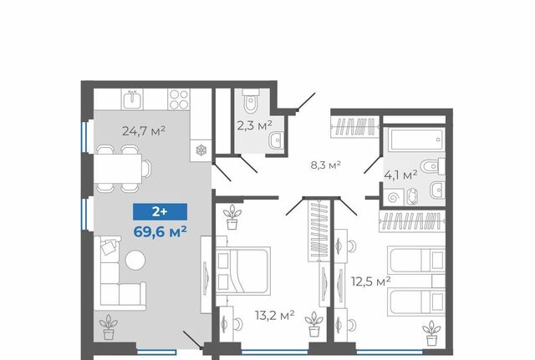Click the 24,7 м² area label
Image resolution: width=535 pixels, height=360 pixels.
[144, 130]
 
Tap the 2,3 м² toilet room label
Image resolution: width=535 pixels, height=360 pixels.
[254, 125]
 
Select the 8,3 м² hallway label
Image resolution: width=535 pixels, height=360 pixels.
[325, 165]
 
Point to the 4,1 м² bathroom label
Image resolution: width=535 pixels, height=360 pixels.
[400, 175]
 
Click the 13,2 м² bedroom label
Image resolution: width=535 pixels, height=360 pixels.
[275, 316]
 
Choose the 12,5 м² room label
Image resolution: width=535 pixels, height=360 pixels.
[371, 282]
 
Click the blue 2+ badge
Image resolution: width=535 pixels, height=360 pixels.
[160, 211]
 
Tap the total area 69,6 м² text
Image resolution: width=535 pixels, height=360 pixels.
[160, 232]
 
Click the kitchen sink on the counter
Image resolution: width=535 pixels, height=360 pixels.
[132, 99]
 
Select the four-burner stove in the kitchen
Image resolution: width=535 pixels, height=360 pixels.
[179, 99]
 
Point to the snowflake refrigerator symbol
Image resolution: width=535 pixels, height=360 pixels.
[201, 150]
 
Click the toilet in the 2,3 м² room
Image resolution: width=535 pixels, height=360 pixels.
[251, 101]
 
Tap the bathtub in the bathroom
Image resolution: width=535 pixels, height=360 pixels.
[416, 139]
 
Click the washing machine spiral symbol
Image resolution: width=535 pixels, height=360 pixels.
[394, 197]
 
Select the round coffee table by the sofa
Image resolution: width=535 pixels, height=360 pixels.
[135, 261]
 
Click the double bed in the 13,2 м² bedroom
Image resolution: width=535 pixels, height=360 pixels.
[243, 271]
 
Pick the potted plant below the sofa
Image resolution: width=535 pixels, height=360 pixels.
[109, 327]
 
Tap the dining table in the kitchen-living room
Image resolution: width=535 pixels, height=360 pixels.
[118, 169]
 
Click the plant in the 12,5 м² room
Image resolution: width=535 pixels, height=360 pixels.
[431, 333]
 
